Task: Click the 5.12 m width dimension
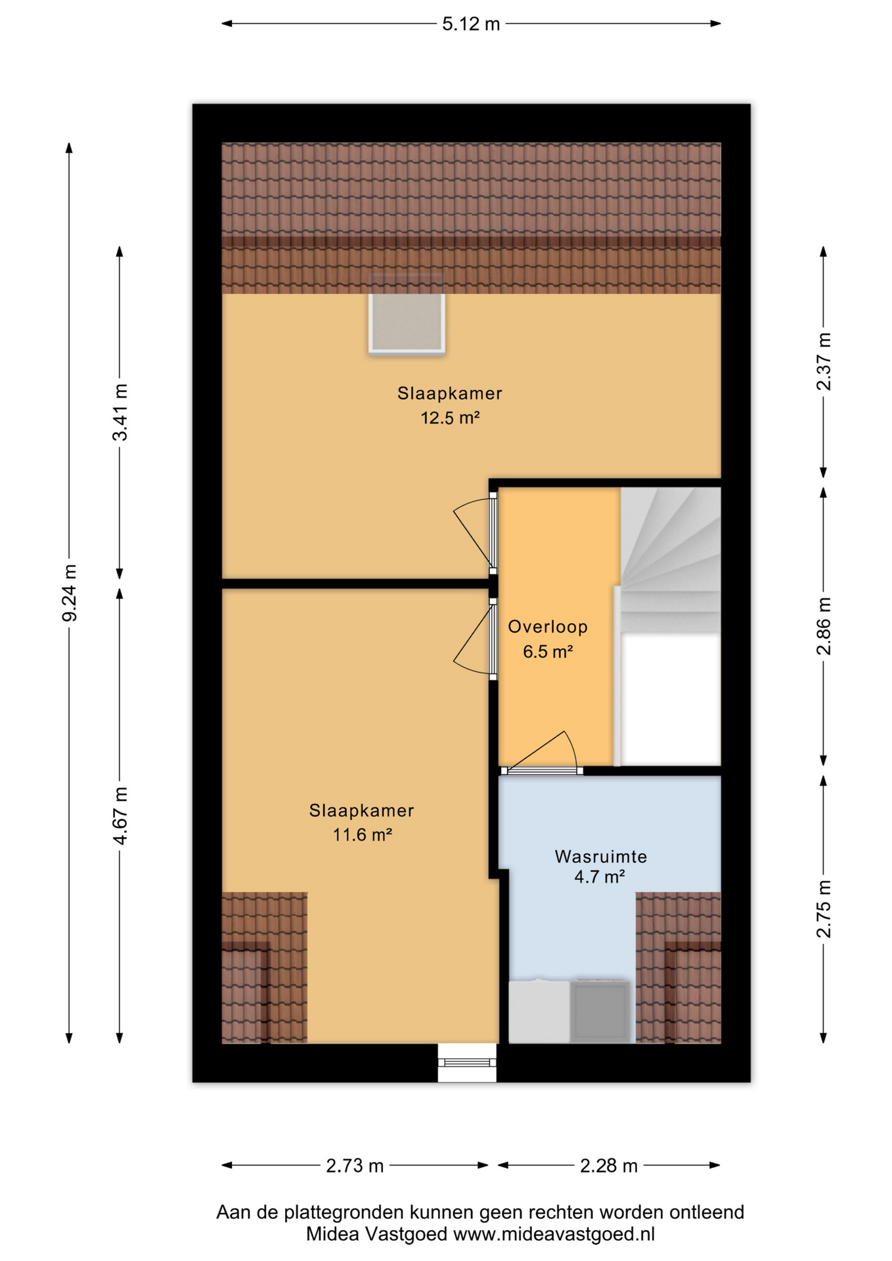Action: point(471,24)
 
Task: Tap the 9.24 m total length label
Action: point(69,592)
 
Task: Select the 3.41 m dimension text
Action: point(120,412)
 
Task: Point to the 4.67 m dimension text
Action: point(120,816)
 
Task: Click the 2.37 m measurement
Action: point(823,362)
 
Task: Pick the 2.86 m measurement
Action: point(823,626)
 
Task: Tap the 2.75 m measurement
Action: point(823,909)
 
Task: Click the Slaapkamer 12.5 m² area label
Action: point(450,405)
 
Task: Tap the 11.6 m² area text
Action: point(362,835)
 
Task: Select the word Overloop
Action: point(548,627)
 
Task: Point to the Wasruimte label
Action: point(601,856)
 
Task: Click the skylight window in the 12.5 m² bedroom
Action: point(407,323)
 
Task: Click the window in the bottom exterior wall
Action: point(467,1062)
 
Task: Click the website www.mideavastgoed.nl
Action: point(554,1234)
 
